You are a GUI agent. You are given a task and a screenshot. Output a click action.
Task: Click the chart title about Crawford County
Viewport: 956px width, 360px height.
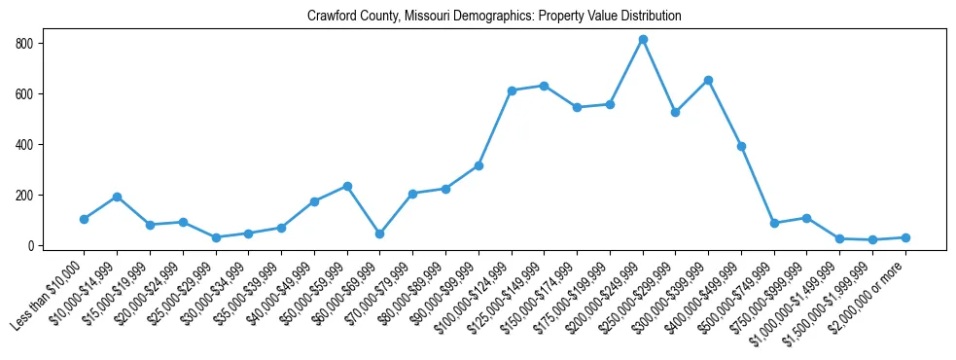[x=494, y=17]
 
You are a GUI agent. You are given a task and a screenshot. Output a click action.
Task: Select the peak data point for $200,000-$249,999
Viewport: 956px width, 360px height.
[x=643, y=40]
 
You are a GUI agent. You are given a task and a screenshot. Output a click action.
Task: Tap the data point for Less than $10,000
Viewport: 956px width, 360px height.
[x=85, y=219]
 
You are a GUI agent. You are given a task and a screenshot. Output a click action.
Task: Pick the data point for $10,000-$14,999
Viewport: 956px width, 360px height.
[x=117, y=197]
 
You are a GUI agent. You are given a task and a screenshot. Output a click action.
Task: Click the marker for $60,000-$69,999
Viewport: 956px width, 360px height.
[x=380, y=234]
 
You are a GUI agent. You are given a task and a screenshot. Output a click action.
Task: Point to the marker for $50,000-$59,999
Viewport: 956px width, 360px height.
[x=347, y=186]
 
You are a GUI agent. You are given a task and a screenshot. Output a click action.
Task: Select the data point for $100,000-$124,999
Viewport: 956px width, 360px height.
[x=512, y=90]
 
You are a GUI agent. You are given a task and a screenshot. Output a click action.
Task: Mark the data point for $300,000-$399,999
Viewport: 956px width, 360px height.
[x=708, y=80]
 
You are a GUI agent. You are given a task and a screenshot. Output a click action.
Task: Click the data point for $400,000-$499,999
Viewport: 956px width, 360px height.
[x=741, y=146]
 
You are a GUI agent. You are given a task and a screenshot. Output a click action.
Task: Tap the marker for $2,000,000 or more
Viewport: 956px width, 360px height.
[x=905, y=237]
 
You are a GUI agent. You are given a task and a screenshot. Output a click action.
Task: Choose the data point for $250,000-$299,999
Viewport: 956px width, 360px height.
[x=676, y=112]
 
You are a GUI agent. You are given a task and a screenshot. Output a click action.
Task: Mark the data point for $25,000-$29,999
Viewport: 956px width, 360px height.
[x=216, y=237]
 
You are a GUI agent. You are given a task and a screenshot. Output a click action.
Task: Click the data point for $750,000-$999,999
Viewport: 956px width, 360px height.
[x=807, y=218]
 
